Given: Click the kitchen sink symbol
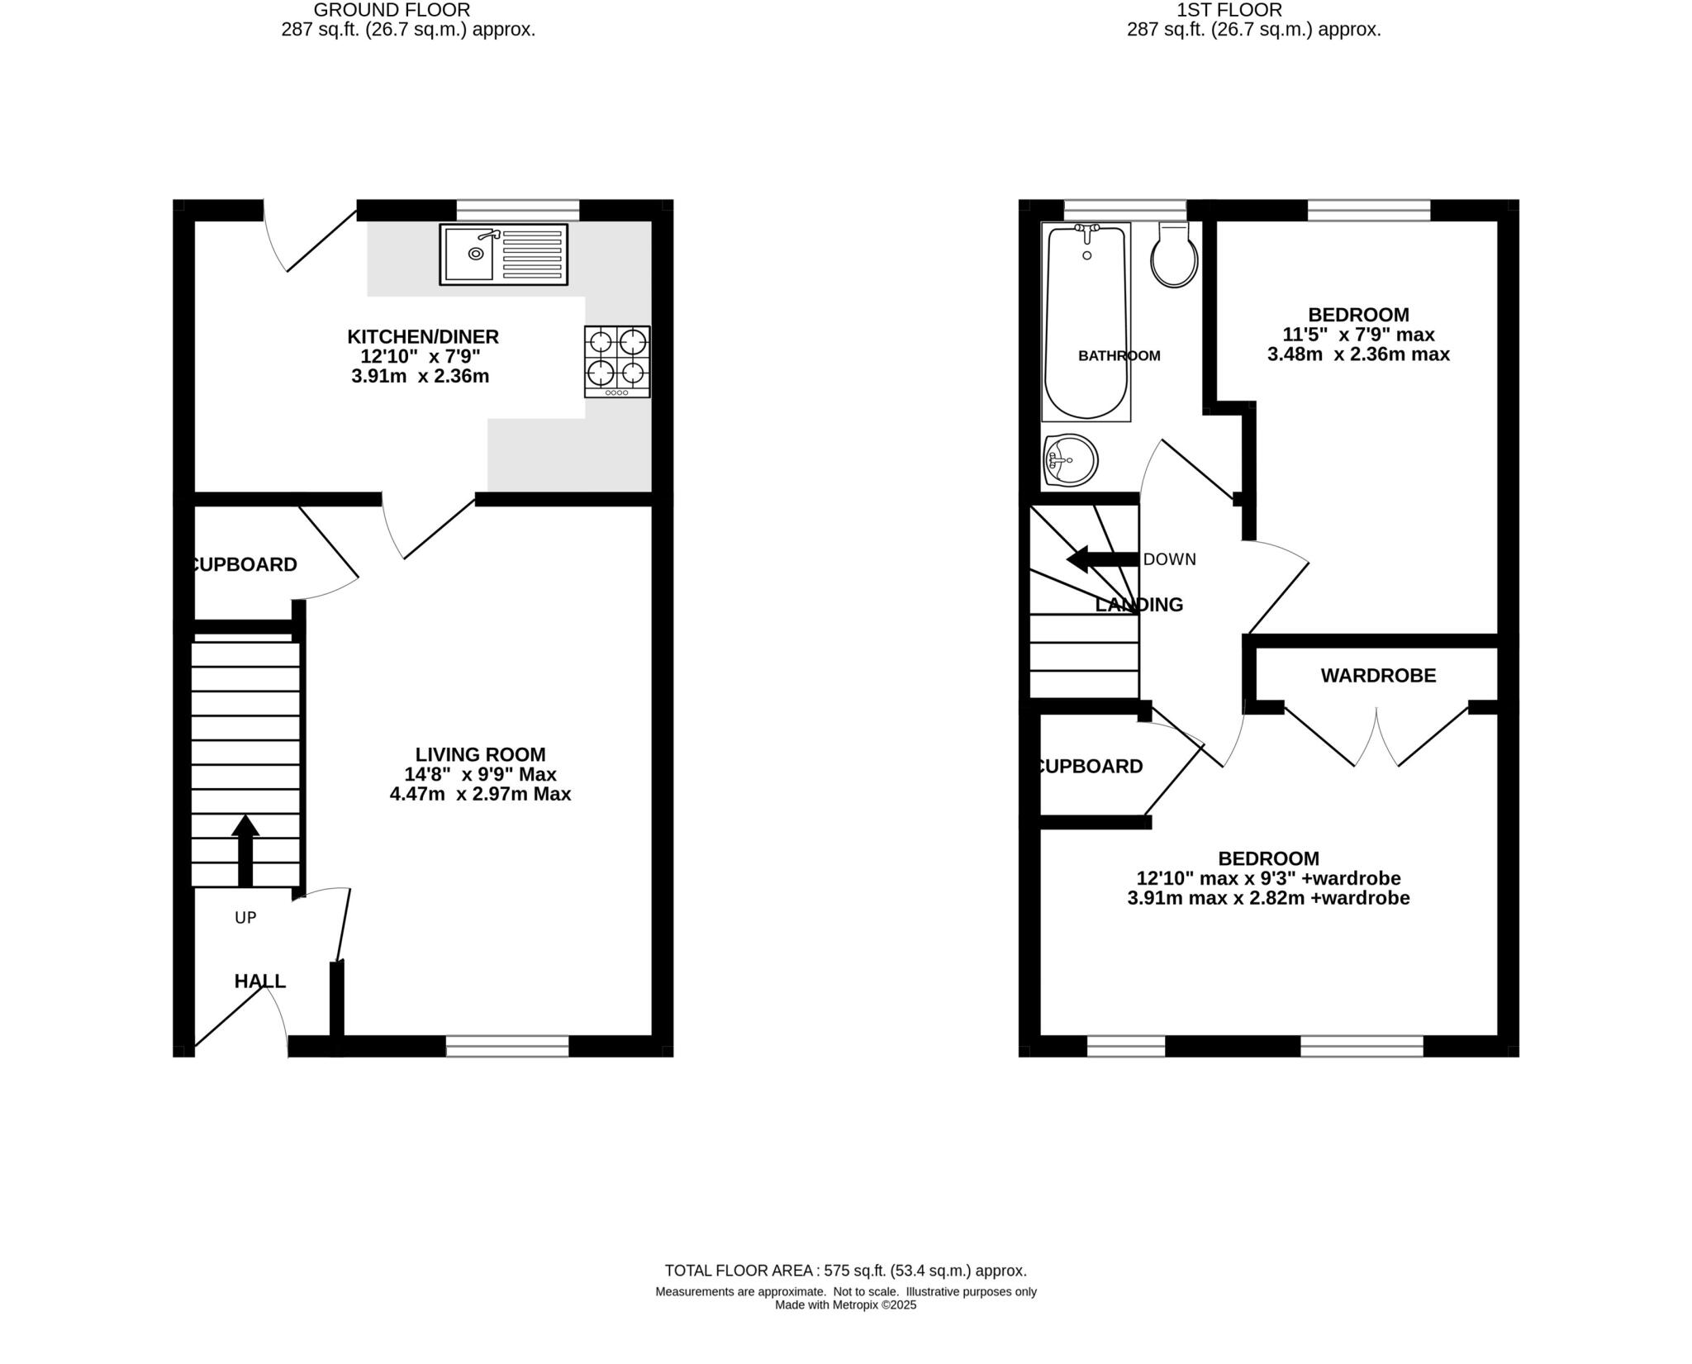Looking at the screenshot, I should click(x=503, y=254).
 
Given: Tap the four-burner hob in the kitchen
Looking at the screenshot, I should click(x=617, y=361).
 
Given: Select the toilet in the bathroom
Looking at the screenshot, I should click(x=1174, y=255).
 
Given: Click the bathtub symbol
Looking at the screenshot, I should click(x=1086, y=322).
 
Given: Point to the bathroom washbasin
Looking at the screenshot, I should click(x=1071, y=460).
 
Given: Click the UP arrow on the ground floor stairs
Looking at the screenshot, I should click(x=245, y=850).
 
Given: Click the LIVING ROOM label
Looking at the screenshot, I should click(x=480, y=754).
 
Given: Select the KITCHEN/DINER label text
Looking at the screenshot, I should click(x=422, y=337).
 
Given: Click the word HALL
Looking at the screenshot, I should click(x=259, y=981).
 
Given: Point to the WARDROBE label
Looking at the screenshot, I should click(x=1378, y=676).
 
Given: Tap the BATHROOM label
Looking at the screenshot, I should click(x=1119, y=356).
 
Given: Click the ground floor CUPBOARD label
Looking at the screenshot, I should click(x=244, y=565).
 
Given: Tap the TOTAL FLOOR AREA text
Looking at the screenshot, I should click(x=845, y=1271).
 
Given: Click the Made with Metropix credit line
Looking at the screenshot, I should click(x=845, y=1306).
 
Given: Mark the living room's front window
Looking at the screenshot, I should click(x=507, y=1046).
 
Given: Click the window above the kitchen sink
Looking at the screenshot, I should click(x=518, y=210).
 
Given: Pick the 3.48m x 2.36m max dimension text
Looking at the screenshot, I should click(x=1358, y=354).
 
